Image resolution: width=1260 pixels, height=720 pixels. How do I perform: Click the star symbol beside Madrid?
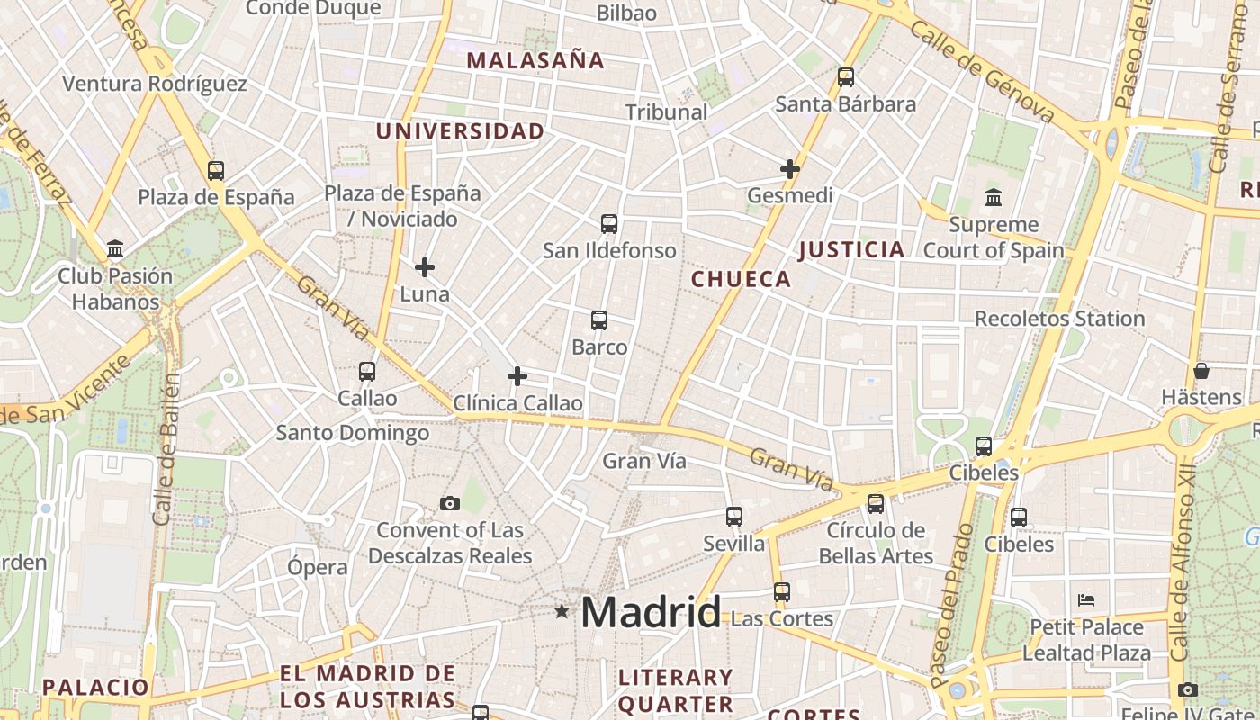(x=562, y=612)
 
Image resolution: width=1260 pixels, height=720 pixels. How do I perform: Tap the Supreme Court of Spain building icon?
(x=994, y=197)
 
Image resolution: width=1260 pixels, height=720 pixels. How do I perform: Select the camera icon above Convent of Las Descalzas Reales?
(x=449, y=503)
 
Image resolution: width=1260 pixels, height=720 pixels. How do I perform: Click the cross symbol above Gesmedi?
(x=789, y=168)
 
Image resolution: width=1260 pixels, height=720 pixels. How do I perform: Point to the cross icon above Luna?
(x=425, y=266)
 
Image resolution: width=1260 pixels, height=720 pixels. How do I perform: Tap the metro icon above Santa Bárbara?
(x=845, y=77)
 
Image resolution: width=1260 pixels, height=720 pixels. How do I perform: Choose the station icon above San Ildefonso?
(x=609, y=223)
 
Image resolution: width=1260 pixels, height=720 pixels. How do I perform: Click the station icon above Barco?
(x=599, y=319)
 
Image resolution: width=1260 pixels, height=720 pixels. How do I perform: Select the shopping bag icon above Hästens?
(x=1201, y=371)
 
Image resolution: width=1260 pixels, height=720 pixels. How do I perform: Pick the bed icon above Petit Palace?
(x=1086, y=600)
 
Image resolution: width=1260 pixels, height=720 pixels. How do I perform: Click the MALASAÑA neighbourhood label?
(x=535, y=60)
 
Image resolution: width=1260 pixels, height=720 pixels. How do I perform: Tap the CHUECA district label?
(x=741, y=279)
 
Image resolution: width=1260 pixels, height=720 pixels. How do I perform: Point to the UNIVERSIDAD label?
(x=460, y=131)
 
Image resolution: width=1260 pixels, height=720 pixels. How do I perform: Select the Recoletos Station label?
(x=1059, y=319)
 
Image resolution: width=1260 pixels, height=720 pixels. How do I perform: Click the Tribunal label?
(x=666, y=112)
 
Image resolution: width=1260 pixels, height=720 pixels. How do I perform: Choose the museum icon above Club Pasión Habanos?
(x=115, y=248)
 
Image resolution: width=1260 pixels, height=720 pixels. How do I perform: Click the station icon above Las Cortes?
(x=781, y=592)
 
